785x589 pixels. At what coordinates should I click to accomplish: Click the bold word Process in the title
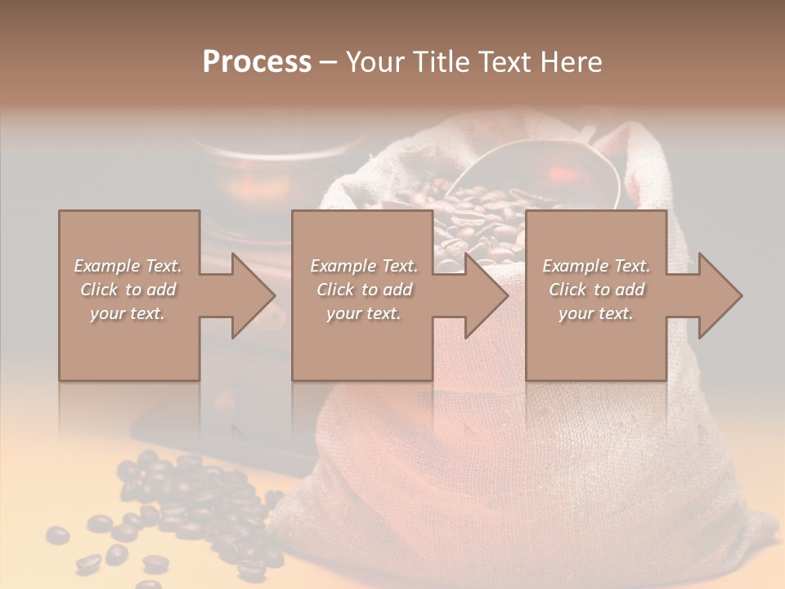click(257, 62)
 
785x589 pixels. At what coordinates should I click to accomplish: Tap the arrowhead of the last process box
click(719, 295)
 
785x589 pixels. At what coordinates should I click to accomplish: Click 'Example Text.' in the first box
click(128, 266)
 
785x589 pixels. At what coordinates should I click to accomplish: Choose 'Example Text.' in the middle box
click(364, 266)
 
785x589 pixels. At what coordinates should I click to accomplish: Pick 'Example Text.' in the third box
click(596, 266)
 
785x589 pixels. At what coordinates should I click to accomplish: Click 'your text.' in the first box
click(128, 313)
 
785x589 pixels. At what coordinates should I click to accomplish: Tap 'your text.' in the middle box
click(363, 313)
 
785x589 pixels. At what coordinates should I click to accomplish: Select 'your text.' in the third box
click(595, 313)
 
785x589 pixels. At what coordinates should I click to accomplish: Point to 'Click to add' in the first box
click(128, 290)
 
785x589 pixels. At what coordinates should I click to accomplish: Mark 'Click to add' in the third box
click(596, 290)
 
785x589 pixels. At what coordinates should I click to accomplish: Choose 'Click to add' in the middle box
click(364, 290)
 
